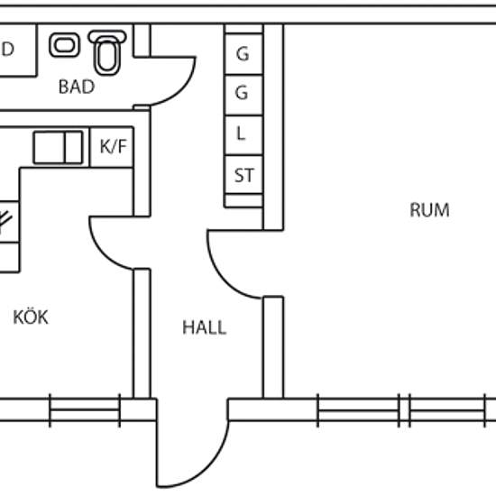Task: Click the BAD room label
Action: [77, 87]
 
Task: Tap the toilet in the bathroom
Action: [107, 52]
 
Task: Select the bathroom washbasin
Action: [65, 45]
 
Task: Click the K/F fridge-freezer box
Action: [112, 147]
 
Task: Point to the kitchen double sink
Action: [58, 147]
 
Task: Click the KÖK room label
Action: [31, 317]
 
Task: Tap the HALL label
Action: [205, 327]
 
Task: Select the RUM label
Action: [429, 210]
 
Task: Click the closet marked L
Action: [243, 135]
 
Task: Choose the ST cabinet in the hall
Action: [243, 175]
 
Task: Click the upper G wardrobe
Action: [243, 54]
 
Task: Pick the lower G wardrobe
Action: [243, 96]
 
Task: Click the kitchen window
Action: [85, 410]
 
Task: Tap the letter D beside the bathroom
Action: [7, 49]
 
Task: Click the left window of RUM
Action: [358, 410]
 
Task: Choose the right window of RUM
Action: [447, 410]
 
